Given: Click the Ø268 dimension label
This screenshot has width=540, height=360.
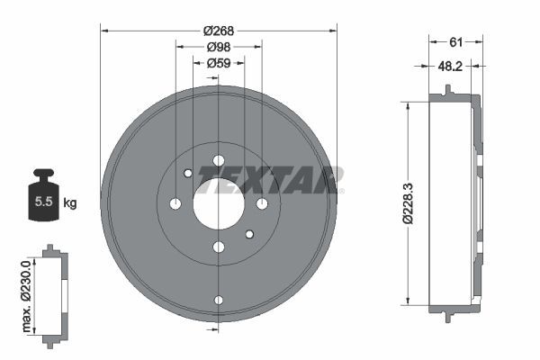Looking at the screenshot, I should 218,31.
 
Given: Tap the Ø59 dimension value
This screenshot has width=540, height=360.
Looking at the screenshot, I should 218,63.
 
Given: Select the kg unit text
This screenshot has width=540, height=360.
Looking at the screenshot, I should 69,203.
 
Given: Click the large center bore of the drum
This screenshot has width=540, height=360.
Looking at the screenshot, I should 218,203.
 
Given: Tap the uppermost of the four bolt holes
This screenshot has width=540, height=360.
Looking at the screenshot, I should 218,161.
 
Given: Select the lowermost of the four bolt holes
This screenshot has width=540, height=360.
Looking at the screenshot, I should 218,247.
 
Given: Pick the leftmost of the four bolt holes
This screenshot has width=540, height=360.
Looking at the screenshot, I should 175,203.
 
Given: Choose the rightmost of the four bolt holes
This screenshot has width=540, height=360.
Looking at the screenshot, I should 261,203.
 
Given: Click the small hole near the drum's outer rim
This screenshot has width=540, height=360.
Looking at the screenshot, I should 218,300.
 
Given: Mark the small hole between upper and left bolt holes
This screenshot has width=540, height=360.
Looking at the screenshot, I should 187,173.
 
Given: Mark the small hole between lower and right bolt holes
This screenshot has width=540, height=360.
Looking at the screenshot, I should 249,234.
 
